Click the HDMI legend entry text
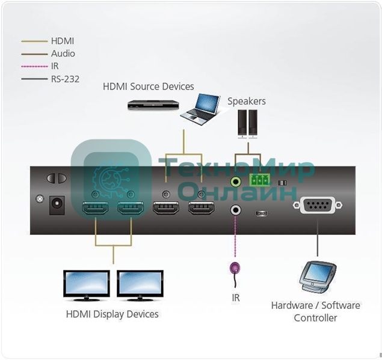coord(62,41)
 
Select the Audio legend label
coord(63,53)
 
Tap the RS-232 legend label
coord(65,78)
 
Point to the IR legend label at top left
coord(55,66)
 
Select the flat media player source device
coord(153,104)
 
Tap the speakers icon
coord(247,123)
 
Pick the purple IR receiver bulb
coord(235,269)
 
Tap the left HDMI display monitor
coord(87,285)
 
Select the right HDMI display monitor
coord(140,285)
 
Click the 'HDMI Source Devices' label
coord(149,87)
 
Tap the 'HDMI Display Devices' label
coord(112,314)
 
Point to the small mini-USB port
coord(260,213)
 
